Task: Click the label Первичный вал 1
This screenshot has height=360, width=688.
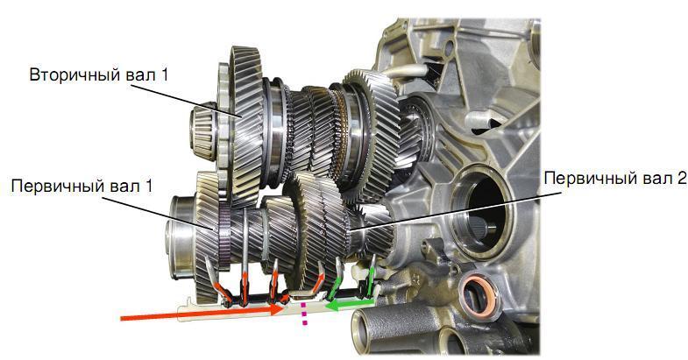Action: pyautogui.click(x=81, y=186)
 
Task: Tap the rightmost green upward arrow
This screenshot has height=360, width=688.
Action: pyautogui.click(x=372, y=275)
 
